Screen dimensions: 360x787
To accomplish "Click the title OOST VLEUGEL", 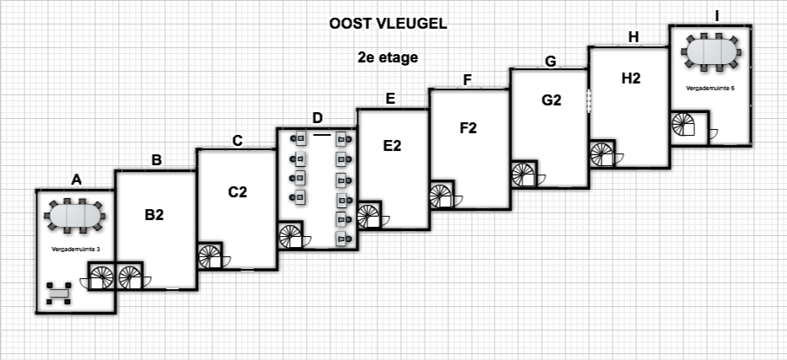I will coord(388,24).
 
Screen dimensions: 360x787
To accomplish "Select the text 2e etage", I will coord(388,58).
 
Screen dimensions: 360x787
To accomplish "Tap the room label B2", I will coord(153,214).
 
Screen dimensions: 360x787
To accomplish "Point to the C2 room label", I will coord(238,191).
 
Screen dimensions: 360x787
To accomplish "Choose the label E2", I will coord(392,145).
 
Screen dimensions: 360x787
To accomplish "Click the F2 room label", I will coord(468,127).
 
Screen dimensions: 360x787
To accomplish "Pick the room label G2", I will coord(551,99).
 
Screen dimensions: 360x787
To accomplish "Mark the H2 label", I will coord(630,78).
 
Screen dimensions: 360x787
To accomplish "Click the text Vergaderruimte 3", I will coord(76,250).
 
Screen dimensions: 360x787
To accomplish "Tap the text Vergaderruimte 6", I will coord(710,87).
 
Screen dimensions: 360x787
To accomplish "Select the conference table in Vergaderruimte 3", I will coord(76,217).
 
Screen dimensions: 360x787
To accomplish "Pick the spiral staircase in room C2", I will coord(210,256).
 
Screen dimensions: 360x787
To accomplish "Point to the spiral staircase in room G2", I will coord(523,175).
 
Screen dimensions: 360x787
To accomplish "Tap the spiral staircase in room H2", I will coord(602,154).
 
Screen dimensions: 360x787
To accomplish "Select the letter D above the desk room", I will coord(317,117).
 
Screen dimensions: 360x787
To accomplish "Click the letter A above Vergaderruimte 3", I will coord(77,179).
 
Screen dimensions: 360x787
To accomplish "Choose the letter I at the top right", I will coord(716,15).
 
